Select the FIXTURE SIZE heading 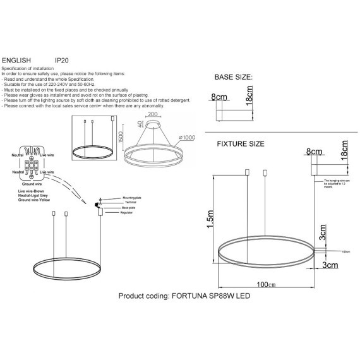pos(241,144)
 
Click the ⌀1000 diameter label pos(187,138)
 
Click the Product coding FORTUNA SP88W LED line pos(183,296)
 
